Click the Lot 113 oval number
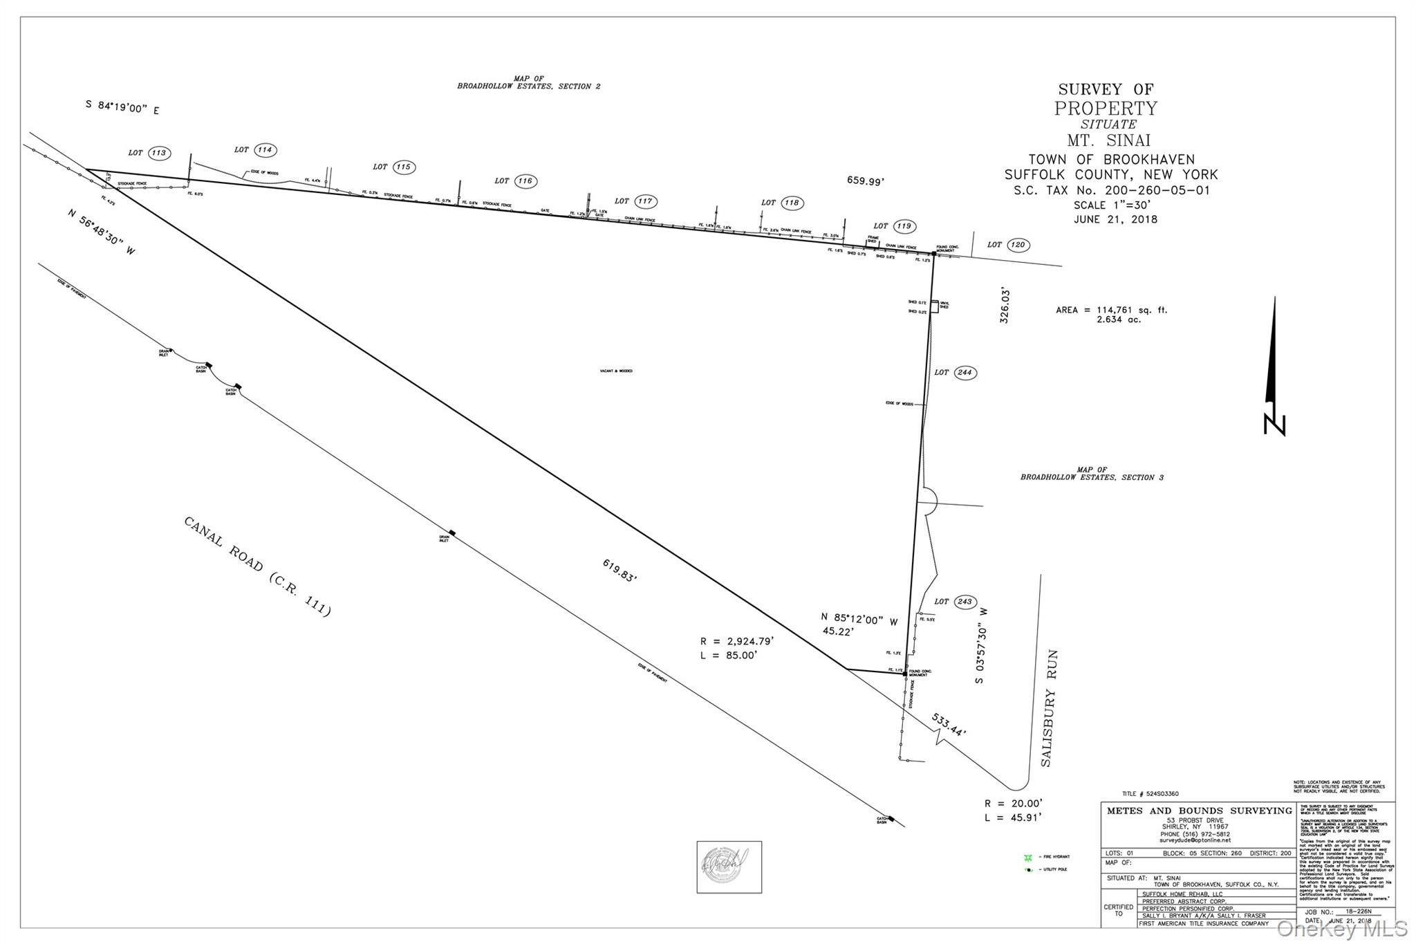click(159, 153)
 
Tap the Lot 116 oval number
click(525, 181)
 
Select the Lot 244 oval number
click(965, 373)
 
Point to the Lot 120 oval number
click(1017, 245)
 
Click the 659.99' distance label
click(866, 181)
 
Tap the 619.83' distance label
click(619, 570)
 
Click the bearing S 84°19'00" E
click(122, 107)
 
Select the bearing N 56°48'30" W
click(102, 232)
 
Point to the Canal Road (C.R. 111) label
click(257, 566)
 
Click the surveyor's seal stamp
click(729, 867)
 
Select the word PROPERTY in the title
click(1105, 109)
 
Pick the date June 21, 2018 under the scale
click(1115, 219)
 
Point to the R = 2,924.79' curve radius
click(737, 641)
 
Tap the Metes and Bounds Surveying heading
click(1199, 811)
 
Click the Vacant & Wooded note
click(616, 371)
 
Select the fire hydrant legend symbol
click(1028, 857)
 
